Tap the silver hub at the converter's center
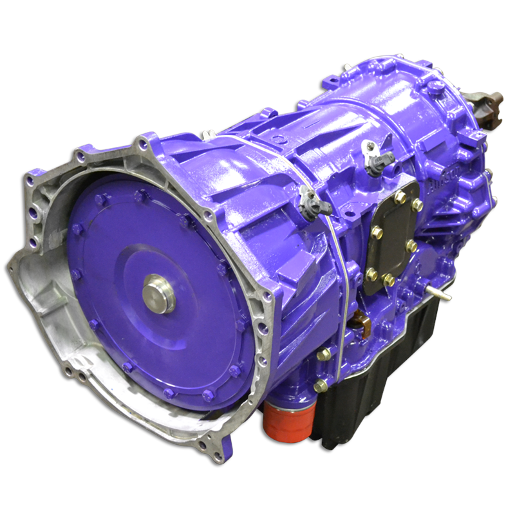pyautogui.click(x=158, y=293)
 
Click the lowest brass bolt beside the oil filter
pyautogui.click(x=320, y=386)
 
